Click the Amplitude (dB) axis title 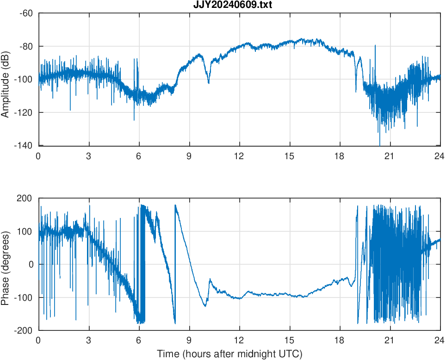6,80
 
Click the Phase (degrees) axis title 6,264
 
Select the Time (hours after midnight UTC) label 229,354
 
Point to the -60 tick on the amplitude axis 26,13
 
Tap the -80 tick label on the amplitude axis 26,46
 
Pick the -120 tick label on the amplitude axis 24,112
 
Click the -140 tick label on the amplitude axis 24,146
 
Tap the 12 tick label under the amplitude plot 239,156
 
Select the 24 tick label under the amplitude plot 440,156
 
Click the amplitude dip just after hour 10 209,83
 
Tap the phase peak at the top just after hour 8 175,205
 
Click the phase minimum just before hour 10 205,306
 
